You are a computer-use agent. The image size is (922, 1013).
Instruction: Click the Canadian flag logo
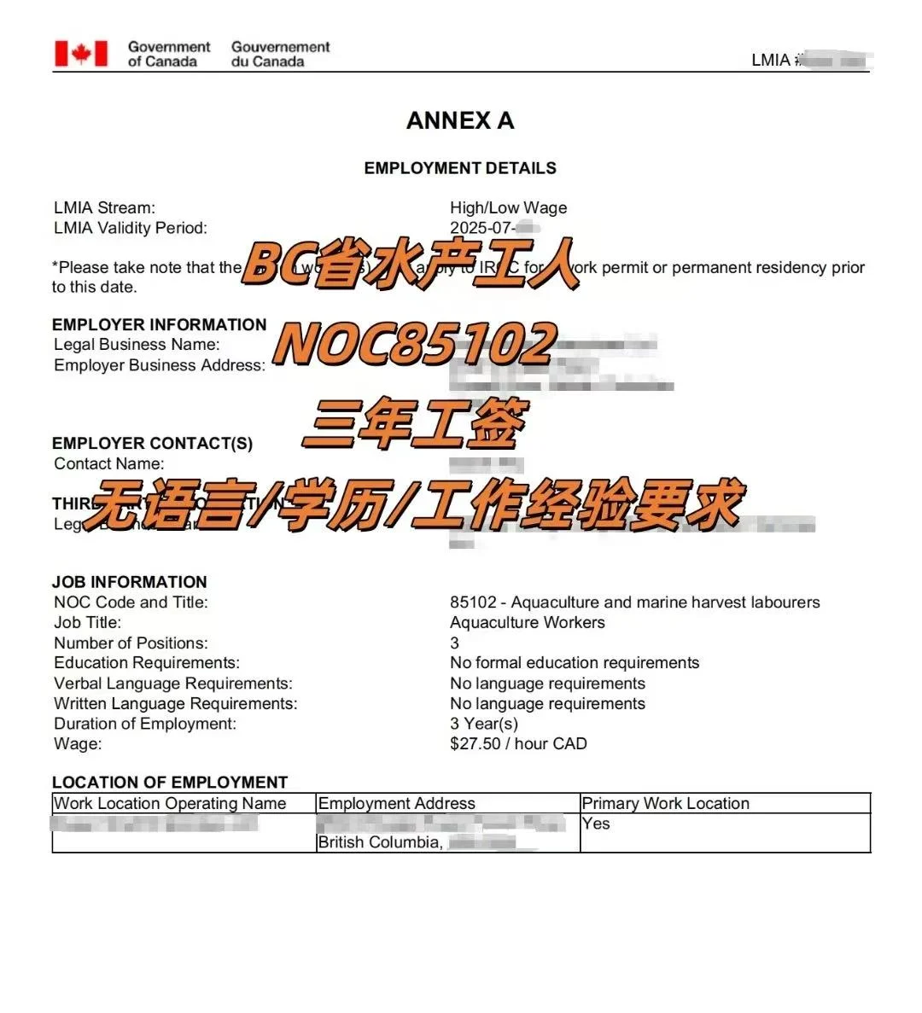[x=81, y=54]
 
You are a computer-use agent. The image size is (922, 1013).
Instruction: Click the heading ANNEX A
[x=460, y=121]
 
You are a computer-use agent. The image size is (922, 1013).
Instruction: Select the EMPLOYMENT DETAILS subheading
[x=460, y=168]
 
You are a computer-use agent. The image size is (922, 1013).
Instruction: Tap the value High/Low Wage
[x=508, y=208]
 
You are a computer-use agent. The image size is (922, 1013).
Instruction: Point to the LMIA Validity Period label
[x=130, y=228]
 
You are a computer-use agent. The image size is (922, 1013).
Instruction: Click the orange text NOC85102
[x=415, y=345]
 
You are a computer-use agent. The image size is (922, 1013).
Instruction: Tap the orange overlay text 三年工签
[x=415, y=424]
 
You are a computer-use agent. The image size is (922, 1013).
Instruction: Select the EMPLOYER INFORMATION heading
[x=159, y=324]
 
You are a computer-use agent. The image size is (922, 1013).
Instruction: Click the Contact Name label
[x=108, y=463]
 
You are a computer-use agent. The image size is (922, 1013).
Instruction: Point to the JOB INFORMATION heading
[x=129, y=582]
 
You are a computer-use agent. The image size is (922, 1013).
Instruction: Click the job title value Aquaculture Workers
[x=527, y=622]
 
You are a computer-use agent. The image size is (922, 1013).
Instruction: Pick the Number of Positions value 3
[x=454, y=643]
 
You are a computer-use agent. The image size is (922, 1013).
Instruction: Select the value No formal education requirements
[x=574, y=663]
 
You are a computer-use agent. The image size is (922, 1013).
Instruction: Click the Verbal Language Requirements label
[x=172, y=684]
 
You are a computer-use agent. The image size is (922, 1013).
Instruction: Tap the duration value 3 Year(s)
[x=483, y=724]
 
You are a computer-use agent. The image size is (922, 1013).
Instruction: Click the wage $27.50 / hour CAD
[x=518, y=744]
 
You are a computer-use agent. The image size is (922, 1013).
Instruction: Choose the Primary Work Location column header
[x=665, y=803]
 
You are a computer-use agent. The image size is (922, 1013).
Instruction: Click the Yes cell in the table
[x=596, y=824]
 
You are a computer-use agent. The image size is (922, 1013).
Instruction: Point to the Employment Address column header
[x=396, y=803]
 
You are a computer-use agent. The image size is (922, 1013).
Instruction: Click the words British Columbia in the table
[x=379, y=842]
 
